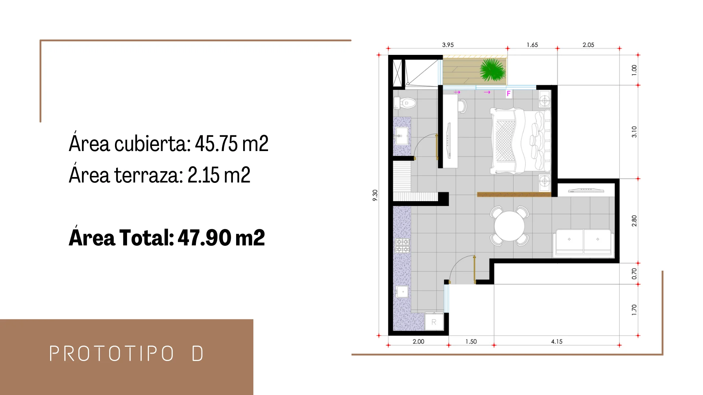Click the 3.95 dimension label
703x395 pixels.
[x=448, y=45]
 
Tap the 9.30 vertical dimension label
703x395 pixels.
[x=375, y=195]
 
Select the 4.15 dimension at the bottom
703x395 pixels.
[x=557, y=341]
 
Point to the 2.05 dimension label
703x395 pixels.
[x=588, y=45]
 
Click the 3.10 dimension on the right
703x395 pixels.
[x=634, y=132]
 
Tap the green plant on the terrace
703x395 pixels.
[x=493, y=69]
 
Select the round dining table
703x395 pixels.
[x=509, y=226]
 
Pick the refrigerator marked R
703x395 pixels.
[x=434, y=322]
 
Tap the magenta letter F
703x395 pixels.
[x=509, y=94]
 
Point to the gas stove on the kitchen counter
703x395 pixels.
[x=402, y=246]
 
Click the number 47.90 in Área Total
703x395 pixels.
[x=204, y=238]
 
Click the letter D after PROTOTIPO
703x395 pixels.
[x=197, y=353]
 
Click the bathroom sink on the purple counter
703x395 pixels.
[x=402, y=136]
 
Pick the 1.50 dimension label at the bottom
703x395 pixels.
[x=471, y=341]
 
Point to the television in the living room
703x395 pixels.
[x=586, y=190]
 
